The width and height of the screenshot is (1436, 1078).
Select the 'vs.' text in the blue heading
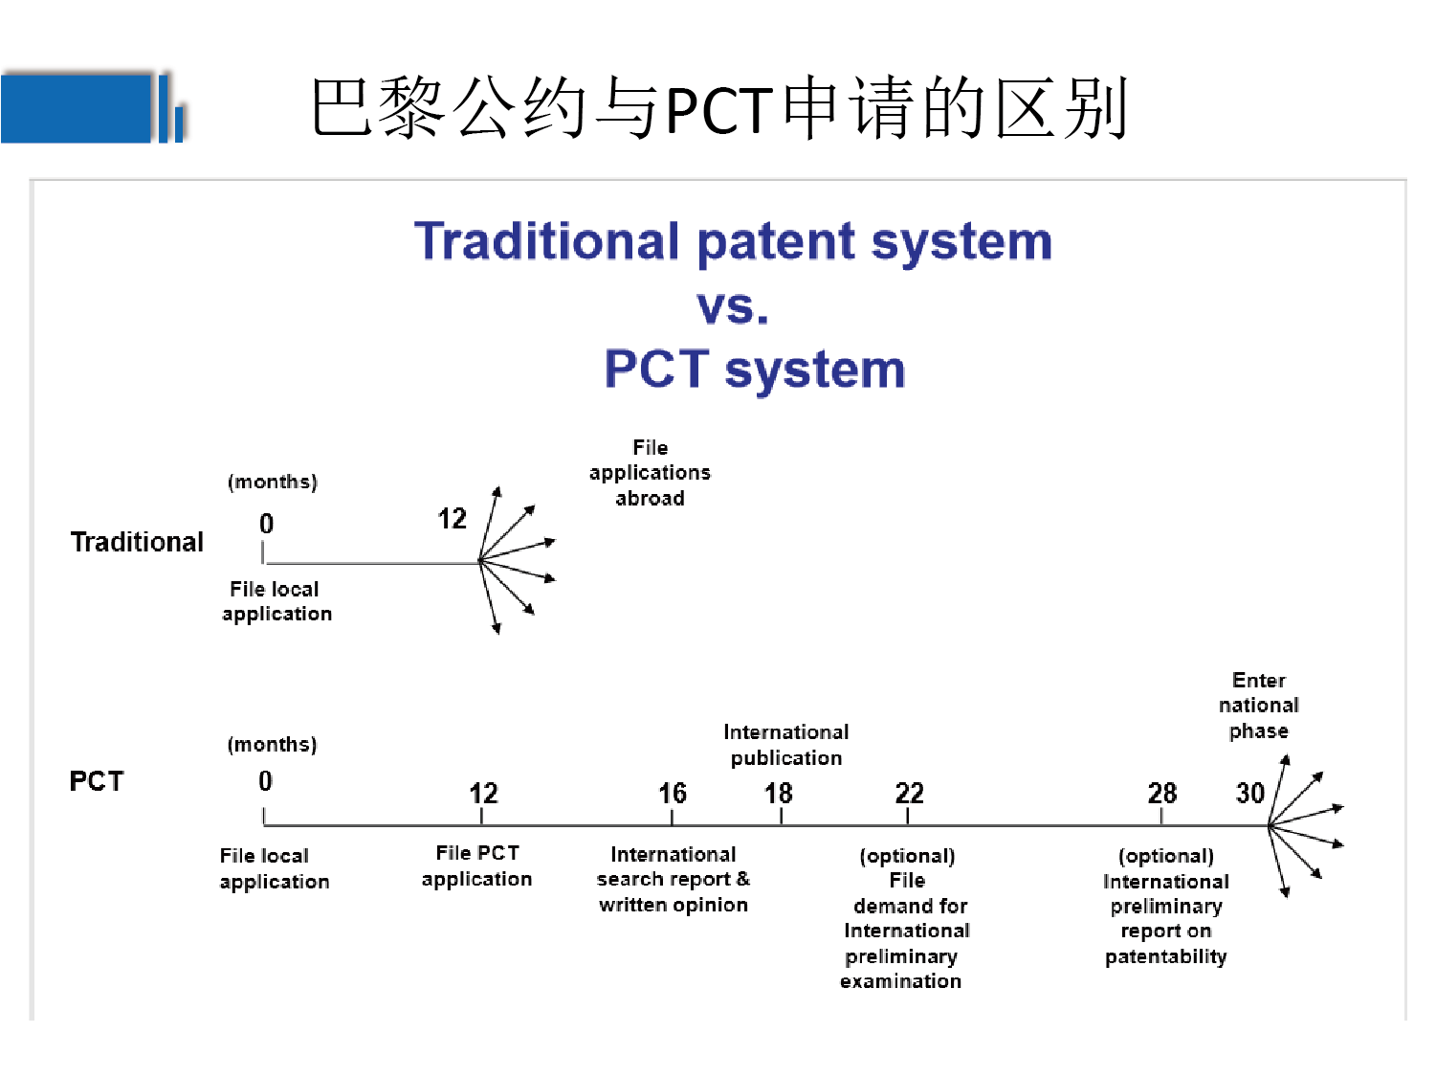(x=733, y=307)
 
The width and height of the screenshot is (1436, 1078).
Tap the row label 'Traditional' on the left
(x=137, y=542)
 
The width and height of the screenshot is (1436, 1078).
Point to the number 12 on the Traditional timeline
(x=452, y=519)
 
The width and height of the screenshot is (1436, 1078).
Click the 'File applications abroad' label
(x=650, y=473)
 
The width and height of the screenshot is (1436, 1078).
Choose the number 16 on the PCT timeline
(x=672, y=794)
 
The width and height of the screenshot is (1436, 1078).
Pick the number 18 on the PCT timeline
(x=778, y=794)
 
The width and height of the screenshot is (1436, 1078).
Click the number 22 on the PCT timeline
(x=909, y=794)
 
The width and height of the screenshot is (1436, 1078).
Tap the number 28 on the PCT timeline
(x=1161, y=794)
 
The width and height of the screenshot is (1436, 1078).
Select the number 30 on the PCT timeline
(x=1249, y=794)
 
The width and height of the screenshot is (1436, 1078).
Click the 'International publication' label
(x=785, y=745)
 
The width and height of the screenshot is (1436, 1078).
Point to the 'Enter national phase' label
(x=1258, y=706)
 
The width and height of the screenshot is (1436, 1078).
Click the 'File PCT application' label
(x=476, y=865)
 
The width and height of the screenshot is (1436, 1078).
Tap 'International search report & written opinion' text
(x=673, y=879)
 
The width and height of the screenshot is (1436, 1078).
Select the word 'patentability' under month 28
(x=1165, y=956)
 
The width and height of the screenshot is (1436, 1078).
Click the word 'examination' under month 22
(x=900, y=981)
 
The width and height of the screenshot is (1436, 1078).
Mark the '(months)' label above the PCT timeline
(x=272, y=745)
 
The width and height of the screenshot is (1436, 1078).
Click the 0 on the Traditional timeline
(x=266, y=524)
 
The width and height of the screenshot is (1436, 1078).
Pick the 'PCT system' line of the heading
(x=755, y=370)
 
